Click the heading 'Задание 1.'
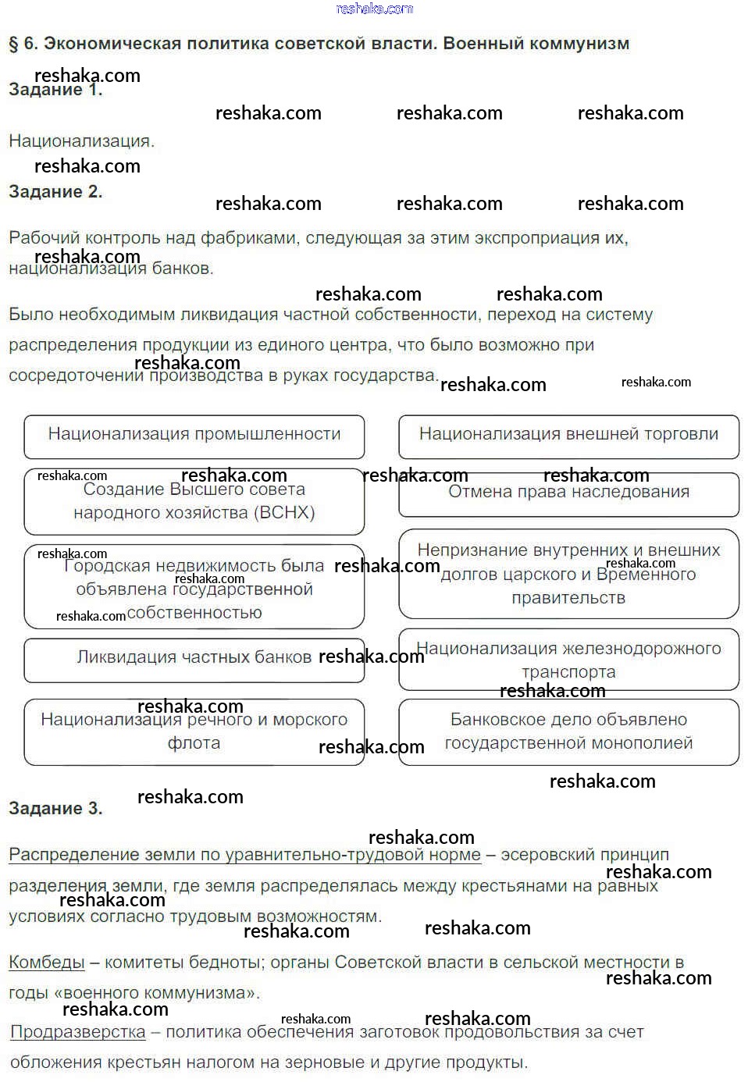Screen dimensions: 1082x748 coord(55,90)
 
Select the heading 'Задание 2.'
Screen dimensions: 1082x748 coord(55,192)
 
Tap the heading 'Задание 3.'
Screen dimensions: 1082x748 coord(55,809)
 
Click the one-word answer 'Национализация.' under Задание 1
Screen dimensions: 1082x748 coord(82,141)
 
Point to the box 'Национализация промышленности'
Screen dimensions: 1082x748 coord(194,436)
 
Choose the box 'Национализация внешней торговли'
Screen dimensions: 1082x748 coord(568,436)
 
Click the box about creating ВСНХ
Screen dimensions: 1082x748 coord(194,501)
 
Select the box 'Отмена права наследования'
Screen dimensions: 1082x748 coord(568,493)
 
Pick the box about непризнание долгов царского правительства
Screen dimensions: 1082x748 coord(568,574)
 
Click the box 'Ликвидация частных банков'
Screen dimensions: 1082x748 coord(194,658)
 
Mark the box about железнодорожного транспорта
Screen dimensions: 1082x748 coord(568,660)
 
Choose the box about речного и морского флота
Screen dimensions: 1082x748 coord(194,731)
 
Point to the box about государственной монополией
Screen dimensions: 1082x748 coord(568,731)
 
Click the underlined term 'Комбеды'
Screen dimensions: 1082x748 coord(47,963)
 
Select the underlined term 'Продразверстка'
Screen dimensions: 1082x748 coord(78,1032)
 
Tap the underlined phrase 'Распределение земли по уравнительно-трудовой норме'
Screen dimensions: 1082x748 coord(244,855)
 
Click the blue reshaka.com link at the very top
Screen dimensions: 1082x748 coord(374,9)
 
